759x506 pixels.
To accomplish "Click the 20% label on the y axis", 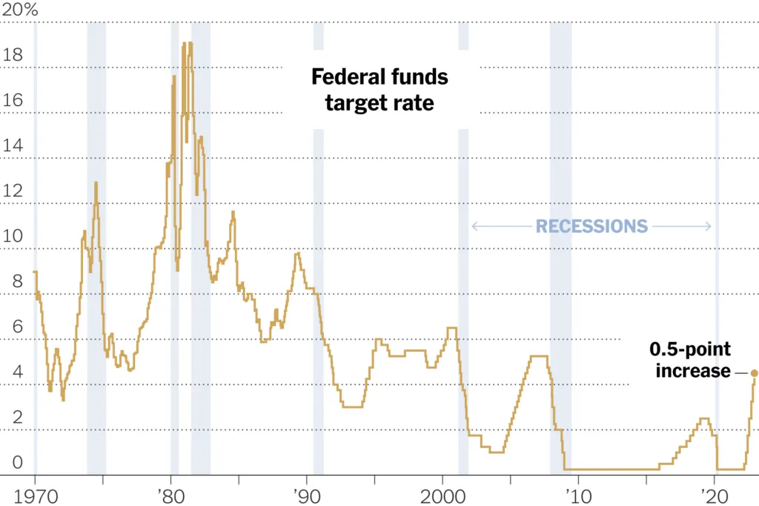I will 21,10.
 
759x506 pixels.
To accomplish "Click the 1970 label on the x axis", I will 35,494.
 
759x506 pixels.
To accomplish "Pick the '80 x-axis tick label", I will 170,494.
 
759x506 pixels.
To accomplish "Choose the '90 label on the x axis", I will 306,494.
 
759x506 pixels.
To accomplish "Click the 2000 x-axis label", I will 443,494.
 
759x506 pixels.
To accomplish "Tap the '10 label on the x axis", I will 577,494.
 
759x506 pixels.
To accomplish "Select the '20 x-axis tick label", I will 714,494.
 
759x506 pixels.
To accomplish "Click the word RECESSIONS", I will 591,226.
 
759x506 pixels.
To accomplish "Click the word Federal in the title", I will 347,77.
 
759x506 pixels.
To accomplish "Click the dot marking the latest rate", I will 755,373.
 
